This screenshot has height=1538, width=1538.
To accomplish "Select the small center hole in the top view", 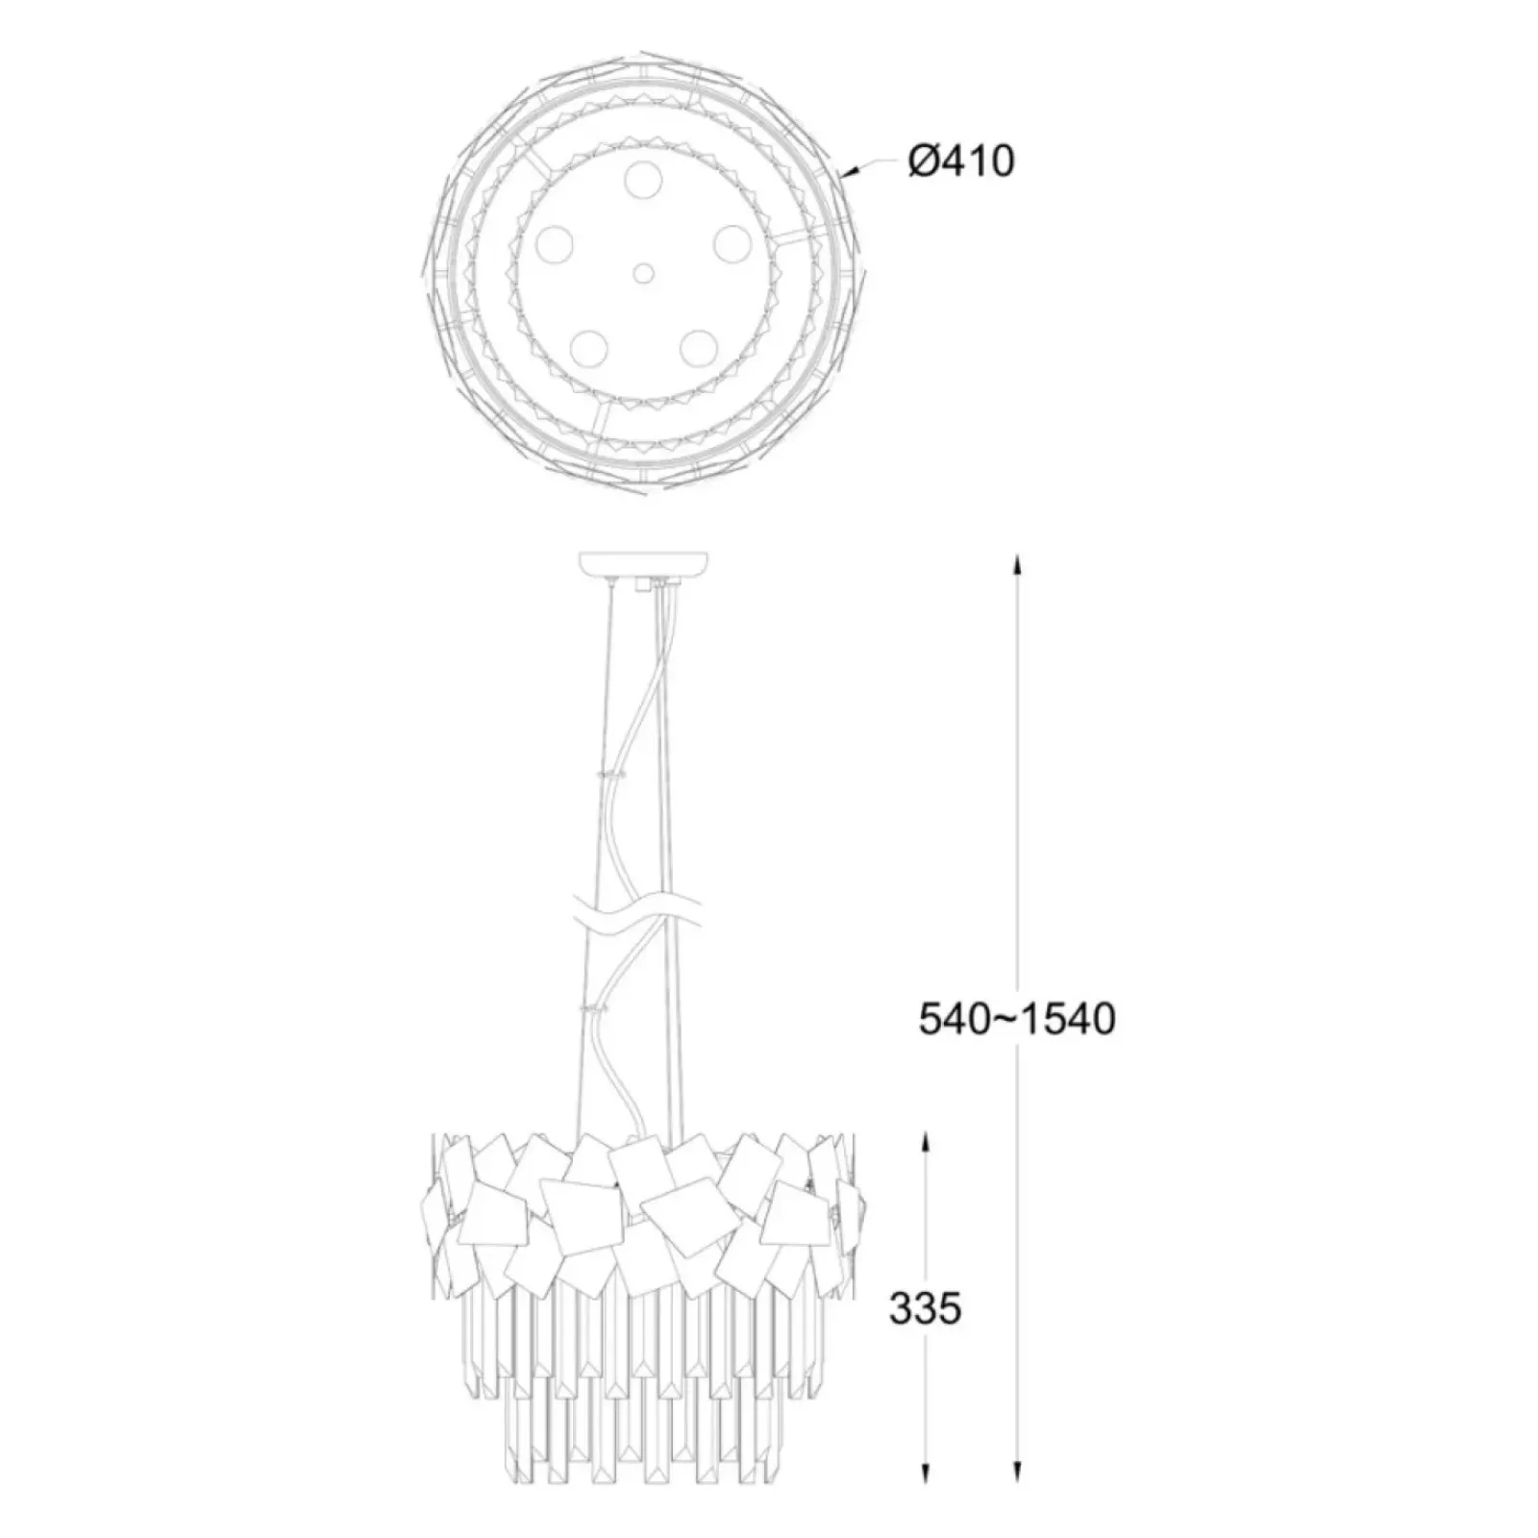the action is pyautogui.click(x=643, y=274).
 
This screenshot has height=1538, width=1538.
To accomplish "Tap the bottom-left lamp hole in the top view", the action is pyautogui.click(x=587, y=347).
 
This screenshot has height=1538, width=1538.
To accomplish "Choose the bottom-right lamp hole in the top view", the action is pyautogui.click(x=698, y=347).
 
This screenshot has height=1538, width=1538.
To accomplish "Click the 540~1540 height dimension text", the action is pyautogui.click(x=1017, y=1019).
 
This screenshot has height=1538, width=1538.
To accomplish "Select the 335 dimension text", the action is pyautogui.click(x=925, y=1309).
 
